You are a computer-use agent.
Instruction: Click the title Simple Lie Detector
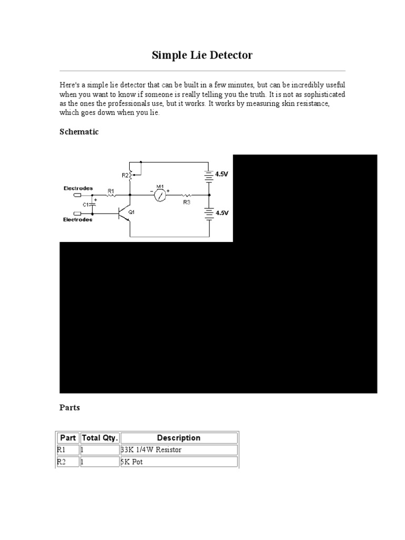coord(202,55)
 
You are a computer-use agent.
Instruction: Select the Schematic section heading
coord(79,132)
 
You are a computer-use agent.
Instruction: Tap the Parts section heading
coord(70,408)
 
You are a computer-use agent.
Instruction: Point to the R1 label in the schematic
coord(111,190)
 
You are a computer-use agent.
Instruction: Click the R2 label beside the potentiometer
coord(125,175)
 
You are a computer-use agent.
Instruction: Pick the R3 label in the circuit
coord(187,202)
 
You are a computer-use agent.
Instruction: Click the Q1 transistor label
coord(132,211)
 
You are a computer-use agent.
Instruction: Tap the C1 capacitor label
coord(85,204)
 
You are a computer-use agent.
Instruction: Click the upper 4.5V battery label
coord(222,174)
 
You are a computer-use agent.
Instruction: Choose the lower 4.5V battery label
coord(222,212)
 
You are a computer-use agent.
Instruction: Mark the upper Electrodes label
coord(78,188)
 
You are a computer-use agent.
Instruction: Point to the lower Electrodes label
coord(78,219)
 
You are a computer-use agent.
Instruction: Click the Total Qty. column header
coord(100,438)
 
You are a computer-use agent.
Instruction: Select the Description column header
coord(179,438)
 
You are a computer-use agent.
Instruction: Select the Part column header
coord(69,438)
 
